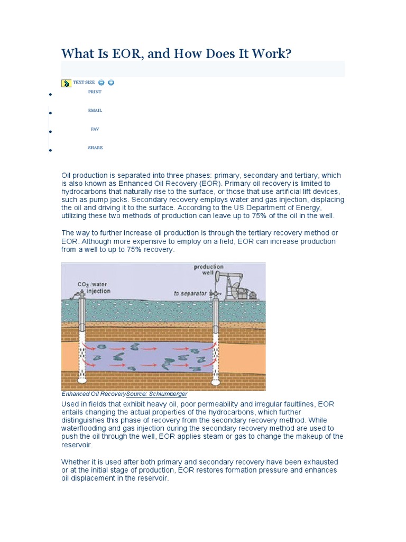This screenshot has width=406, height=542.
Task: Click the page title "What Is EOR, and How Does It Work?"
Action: (x=176, y=53)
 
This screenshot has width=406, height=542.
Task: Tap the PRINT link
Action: (x=95, y=92)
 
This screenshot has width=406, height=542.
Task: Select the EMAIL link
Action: (x=95, y=111)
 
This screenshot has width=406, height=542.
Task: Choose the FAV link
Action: (x=95, y=129)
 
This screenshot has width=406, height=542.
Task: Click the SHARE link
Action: (x=95, y=148)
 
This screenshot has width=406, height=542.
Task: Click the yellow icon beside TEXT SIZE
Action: (x=67, y=83)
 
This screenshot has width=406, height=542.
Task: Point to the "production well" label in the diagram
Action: (x=208, y=270)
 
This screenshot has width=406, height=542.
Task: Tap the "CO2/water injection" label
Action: (x=94, y=288)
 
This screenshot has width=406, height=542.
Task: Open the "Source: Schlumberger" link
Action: (x=156, y=394)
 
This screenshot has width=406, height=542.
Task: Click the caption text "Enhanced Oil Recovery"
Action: (x=94, y=394)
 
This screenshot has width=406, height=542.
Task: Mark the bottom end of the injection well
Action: (x=82, y=379)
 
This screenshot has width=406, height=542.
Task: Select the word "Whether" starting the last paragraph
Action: (x=76, y=462)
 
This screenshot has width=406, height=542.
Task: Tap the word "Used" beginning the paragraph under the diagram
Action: (x=70, y=404)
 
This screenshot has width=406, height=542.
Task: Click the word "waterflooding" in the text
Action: (x=86, y=428)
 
